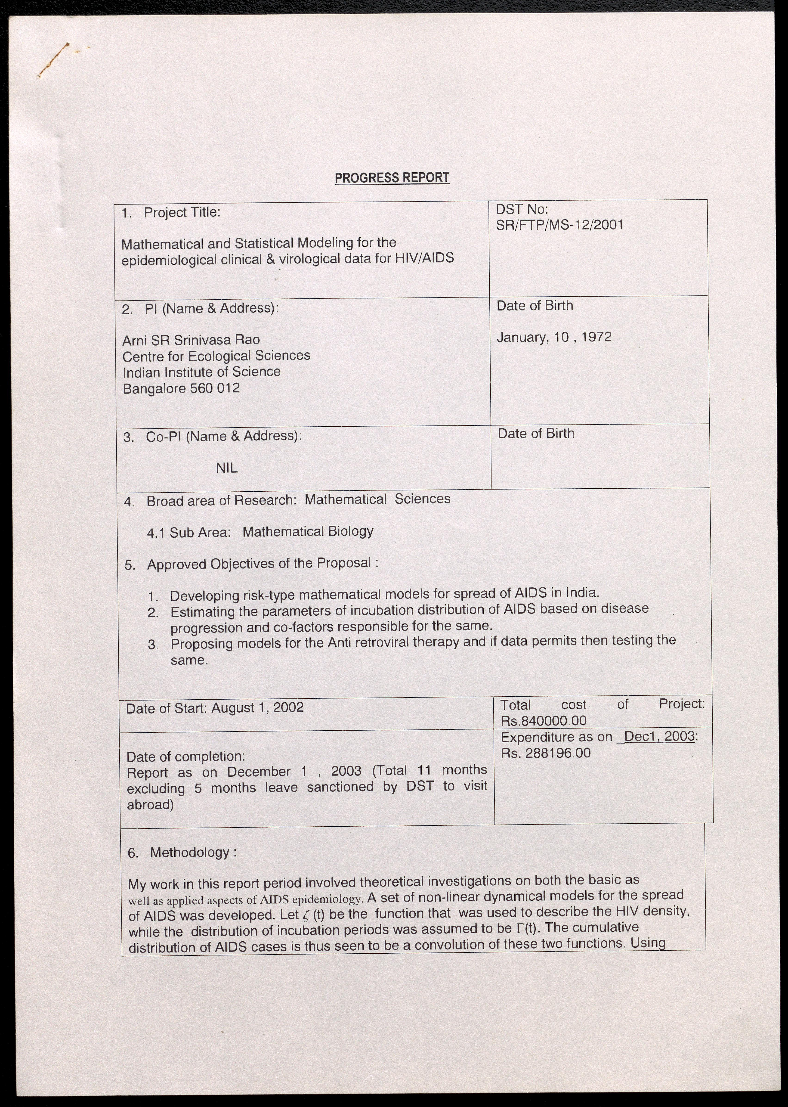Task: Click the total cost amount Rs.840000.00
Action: pyautogui.click(x=544, y=721)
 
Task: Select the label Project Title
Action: pyautogui.click(x=182, y=213)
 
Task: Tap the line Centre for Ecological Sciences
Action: pyautogui.click(x=216, y=356)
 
